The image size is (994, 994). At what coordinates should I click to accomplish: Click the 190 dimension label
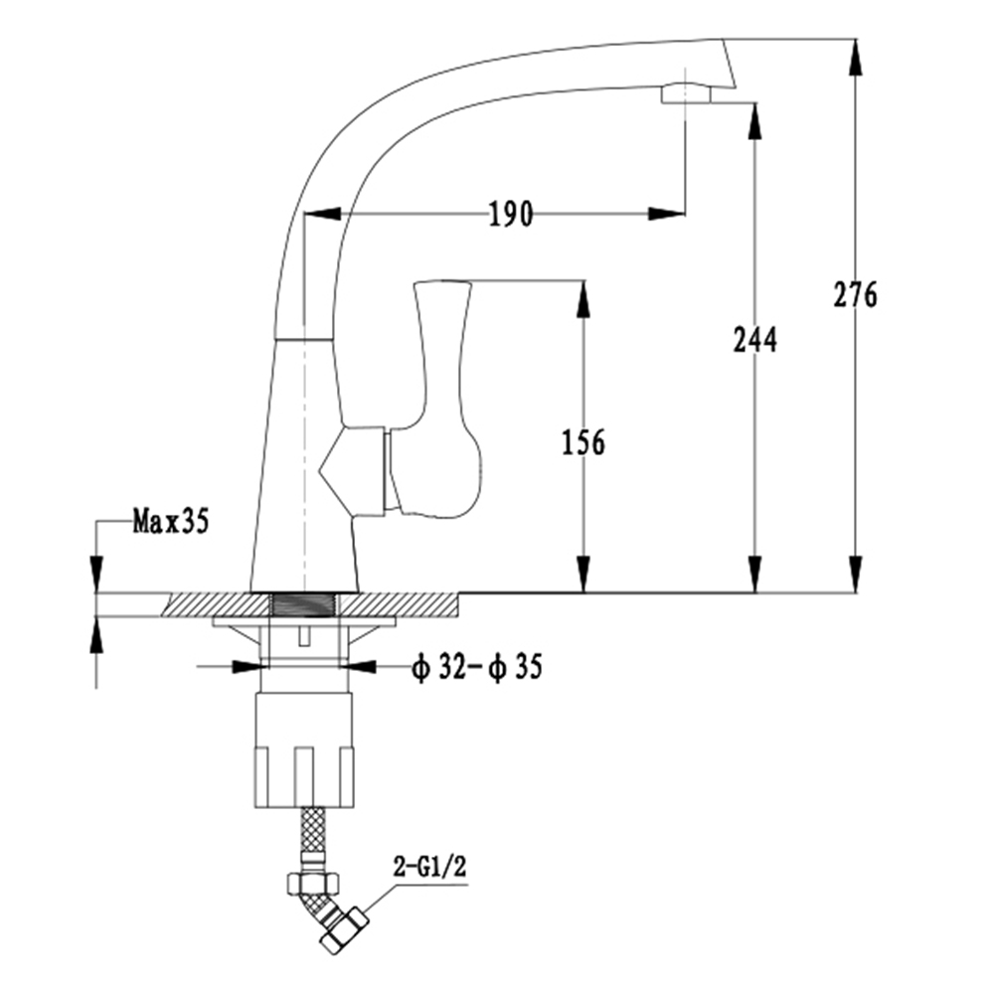511,214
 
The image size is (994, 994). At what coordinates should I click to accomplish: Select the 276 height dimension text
855,294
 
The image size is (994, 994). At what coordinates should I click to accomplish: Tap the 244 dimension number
755,339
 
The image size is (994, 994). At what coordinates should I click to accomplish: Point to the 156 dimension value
583,442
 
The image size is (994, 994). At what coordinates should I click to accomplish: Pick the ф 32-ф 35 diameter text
477,667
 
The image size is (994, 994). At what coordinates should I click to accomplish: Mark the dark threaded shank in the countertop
304,604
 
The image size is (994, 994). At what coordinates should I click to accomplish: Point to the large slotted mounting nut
304,749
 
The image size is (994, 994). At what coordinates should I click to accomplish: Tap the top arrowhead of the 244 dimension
754,121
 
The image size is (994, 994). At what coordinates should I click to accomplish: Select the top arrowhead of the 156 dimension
583,298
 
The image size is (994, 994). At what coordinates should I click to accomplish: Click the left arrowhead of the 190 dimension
323,214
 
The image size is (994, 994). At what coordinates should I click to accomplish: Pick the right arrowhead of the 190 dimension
666,214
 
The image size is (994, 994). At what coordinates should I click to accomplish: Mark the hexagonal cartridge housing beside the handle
353,470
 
